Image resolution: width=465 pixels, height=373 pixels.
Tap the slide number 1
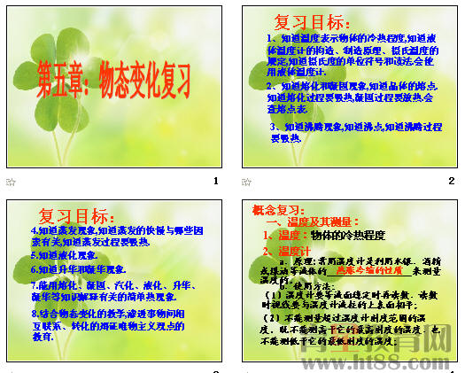[215, 182]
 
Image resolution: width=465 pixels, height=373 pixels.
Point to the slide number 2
[451, 182]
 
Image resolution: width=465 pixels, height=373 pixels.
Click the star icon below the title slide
[11, 182]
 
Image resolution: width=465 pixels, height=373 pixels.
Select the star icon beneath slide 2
[247, 182]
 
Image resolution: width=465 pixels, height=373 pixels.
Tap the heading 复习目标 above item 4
[76, 215]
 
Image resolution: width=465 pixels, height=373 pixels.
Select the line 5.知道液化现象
[64, 254]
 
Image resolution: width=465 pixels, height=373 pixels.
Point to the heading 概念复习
[279, 210]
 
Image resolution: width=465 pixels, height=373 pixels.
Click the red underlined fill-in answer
[354, 273]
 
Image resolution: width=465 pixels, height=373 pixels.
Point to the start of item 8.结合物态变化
[35, 313]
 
